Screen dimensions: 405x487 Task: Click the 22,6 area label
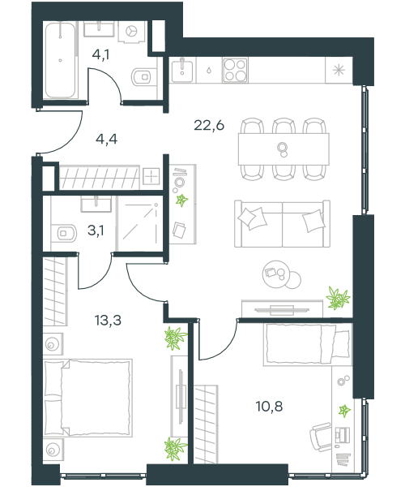209,126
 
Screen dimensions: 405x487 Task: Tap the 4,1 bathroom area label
100,55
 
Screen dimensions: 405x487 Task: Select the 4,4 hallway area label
106,139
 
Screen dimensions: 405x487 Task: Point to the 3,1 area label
96,231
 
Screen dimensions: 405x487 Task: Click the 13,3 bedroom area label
108,320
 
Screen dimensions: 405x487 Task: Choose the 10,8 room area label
269,407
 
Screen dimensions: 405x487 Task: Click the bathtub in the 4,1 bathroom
61,61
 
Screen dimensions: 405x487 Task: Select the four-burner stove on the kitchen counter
235,70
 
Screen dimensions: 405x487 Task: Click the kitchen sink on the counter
182,70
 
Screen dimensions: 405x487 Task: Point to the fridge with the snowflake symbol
339,70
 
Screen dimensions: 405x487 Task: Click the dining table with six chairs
283,149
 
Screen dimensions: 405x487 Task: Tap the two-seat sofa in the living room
282,224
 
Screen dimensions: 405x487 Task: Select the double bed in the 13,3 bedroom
87,399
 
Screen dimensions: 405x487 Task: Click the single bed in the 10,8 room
308,344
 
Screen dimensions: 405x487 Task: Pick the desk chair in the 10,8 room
321,437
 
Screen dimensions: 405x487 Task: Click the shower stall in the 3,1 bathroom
140,223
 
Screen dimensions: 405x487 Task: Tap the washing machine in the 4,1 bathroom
132,32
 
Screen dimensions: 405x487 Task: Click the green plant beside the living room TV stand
338,298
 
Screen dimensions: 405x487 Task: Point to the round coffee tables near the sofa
281,275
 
